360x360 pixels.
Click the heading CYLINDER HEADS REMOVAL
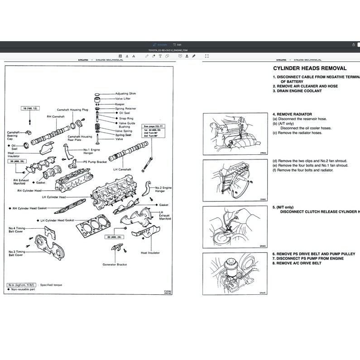coord(310,68)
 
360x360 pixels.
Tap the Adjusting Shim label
coord(125,94)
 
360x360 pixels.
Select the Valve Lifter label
coord(123,98)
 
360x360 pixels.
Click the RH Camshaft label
coord(56,116)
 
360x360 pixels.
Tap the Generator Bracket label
coord(115,264)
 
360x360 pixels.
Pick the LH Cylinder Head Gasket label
coord(57,220)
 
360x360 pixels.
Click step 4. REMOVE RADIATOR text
coord(292,115)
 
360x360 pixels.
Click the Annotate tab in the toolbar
coord(161,44)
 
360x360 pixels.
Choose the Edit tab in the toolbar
coord(178,44)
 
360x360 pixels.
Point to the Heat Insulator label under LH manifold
coord(150,253)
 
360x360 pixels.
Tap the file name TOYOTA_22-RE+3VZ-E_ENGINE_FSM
coord(180,50)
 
